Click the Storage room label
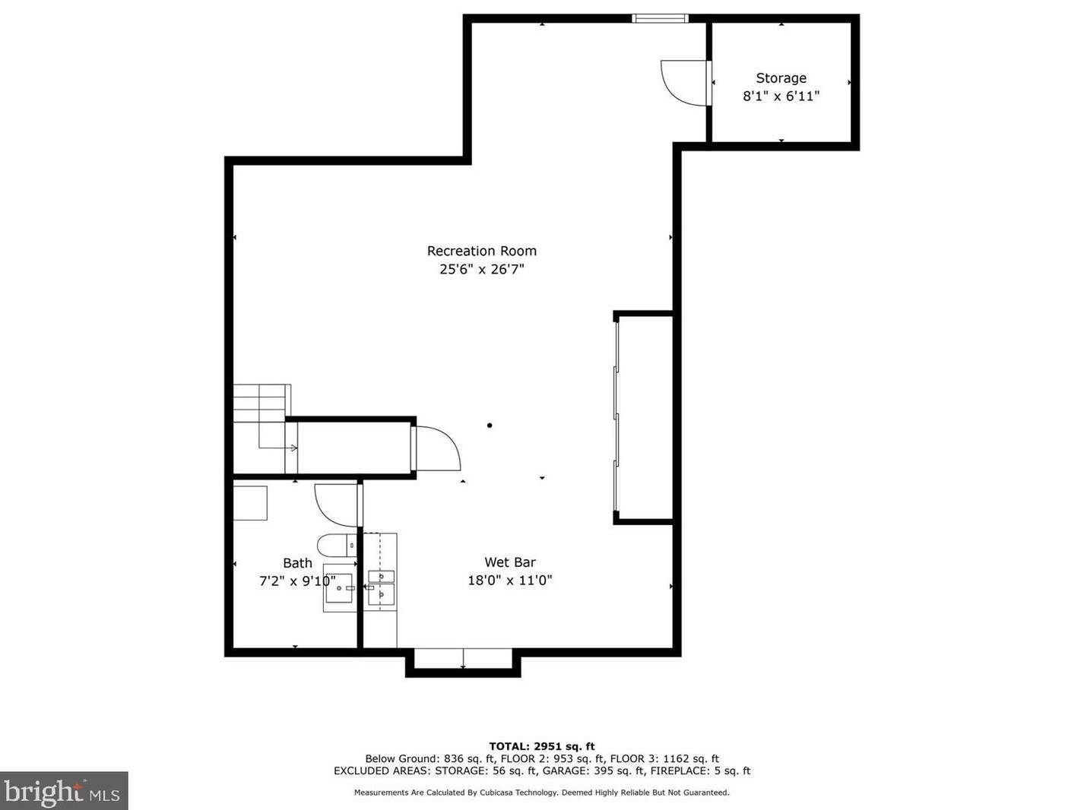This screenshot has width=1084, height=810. (x=781, y=78)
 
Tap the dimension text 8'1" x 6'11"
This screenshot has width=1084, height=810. (x=781, y=97)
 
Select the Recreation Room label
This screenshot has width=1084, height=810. (x=481, y=251)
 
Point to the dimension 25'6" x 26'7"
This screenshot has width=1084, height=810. (x=481, y=269)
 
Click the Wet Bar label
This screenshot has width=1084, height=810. (x=509, y=562)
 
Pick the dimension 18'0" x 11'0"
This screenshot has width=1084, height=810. (x=509, y=581)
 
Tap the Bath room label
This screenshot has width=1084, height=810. (x=297, y=563)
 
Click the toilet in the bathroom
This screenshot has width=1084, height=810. (x=335, y=545)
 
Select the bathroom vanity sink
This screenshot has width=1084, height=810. (x=339, y=588)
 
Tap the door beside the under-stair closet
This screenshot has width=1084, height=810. (x=436, y=449)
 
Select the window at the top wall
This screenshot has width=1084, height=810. (x=660, y=18)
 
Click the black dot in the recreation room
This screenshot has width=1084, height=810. (x=490, y=426)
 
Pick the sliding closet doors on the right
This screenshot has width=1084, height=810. (x=616, y=417)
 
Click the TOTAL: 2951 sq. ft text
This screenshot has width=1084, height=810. (x=541, y=746)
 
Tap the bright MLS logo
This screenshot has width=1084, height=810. (x=64, y=791)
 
